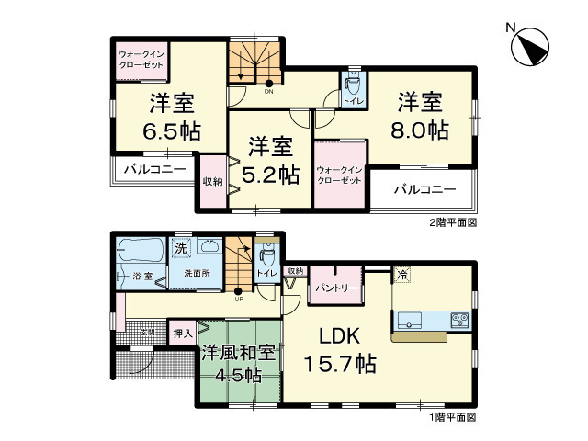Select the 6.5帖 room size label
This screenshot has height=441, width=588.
172,130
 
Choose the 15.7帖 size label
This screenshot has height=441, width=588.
338,364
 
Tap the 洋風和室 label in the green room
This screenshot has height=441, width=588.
237,352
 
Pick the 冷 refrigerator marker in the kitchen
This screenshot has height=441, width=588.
402,273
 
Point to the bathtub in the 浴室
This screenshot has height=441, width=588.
139,249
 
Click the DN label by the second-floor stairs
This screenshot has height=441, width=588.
269,91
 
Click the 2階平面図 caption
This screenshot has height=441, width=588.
453,222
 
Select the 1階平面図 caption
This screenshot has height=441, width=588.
453,416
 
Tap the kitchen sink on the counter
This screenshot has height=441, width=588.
409,320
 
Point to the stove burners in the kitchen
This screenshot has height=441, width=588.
458,320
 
